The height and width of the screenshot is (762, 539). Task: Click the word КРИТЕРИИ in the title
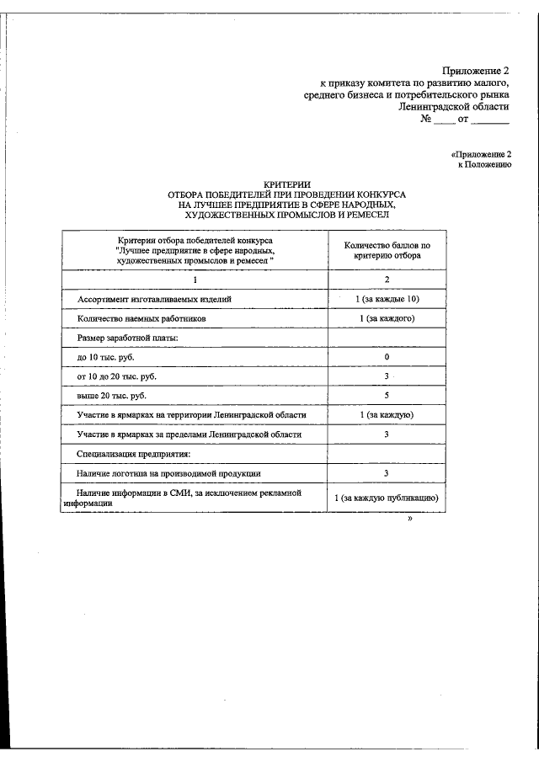point(287,184)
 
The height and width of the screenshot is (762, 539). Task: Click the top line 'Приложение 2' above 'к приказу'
point(476,70)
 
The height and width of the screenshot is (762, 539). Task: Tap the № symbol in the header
point(426,120)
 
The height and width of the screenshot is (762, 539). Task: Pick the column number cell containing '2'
point(387,280)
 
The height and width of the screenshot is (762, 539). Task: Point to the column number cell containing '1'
point(194,280)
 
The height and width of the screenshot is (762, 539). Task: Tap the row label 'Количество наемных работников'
point(140,319)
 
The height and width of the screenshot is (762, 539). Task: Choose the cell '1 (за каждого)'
point(387,319)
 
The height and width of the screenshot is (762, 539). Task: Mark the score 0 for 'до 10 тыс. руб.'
point(387,357)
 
